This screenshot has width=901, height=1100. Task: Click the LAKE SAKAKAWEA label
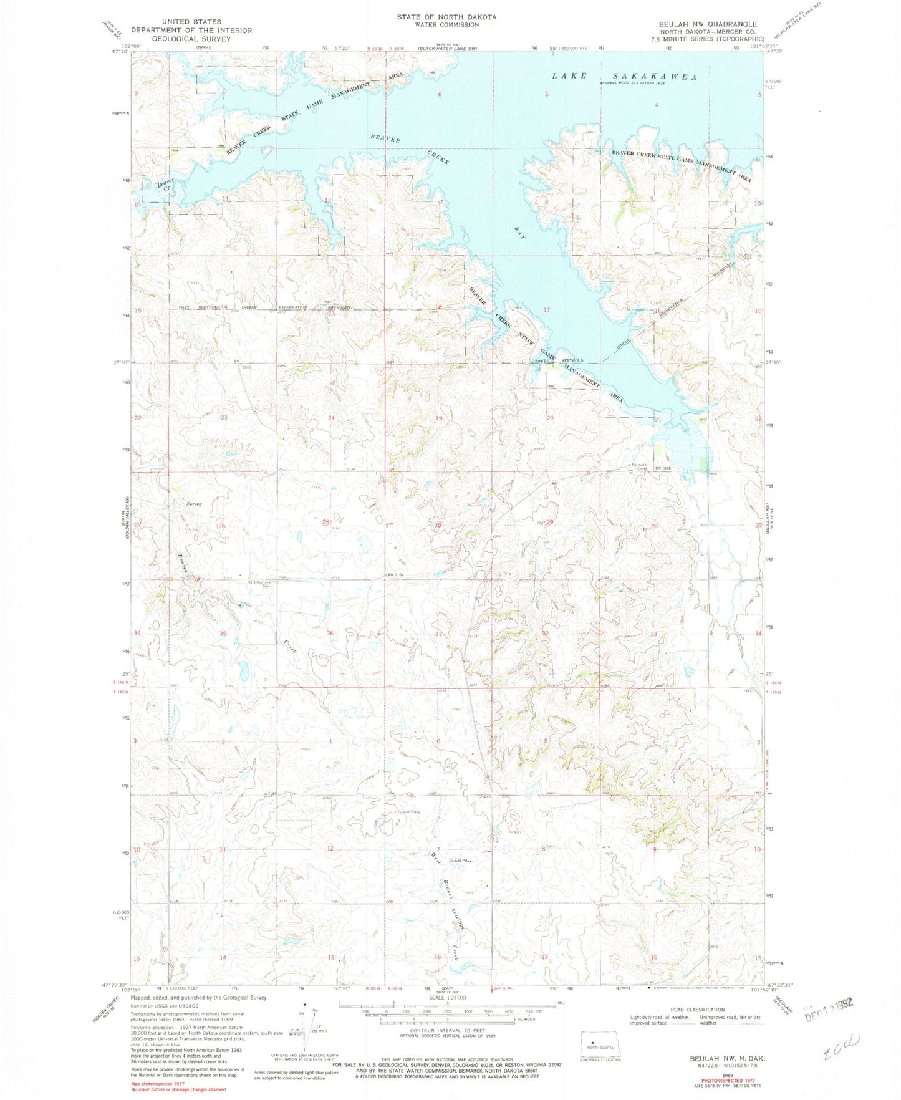624,76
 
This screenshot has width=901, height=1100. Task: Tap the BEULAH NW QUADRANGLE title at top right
707,24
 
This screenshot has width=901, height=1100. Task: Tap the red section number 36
330,633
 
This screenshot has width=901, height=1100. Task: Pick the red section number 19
438,418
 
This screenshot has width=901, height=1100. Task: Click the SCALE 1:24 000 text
446,1011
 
